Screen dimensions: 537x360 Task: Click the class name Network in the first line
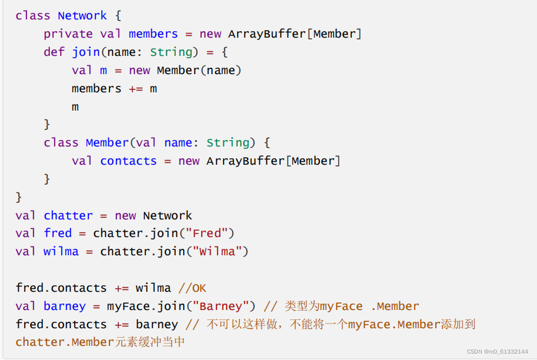pyautogui.click(x=82, y=15)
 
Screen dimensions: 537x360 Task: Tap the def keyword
pyautogui.click(x=54, y=52)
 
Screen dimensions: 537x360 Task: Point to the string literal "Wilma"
pyautogui.click(x=221, y=251)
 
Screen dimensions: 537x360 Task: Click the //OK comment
pyautogui.click(x=192, y=288)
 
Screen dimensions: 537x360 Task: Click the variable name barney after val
pyautogui.click(x=72, y=306)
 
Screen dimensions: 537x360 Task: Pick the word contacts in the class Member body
pyautogui.click(x=128, y=161)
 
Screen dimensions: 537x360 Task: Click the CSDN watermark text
pyautogui.click(x=497, y=351)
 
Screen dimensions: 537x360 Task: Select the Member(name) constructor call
pyautogui.click(x=199, y=70)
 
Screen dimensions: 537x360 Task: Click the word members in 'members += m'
pyautogui.click(x=96, y=88)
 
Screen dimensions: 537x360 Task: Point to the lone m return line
pyautogui.click(x=75, y=106)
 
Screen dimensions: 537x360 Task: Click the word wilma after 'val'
pyautogui.click(x=61, y=251)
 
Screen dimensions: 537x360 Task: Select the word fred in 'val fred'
pyautogui.click(x=58, y=233)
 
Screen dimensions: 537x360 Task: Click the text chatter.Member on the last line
pyautogui.click(x=65, y=342)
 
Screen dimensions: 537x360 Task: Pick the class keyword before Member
pyautogui.click(x=61, y=142)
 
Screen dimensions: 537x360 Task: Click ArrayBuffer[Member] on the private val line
pyautogui.click(x=294, y=34)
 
